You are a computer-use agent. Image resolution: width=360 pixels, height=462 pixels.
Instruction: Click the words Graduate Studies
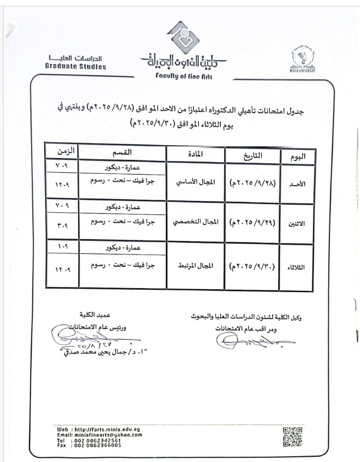pos(76,67)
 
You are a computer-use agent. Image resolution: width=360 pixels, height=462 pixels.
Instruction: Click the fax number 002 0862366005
pos(98,445)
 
